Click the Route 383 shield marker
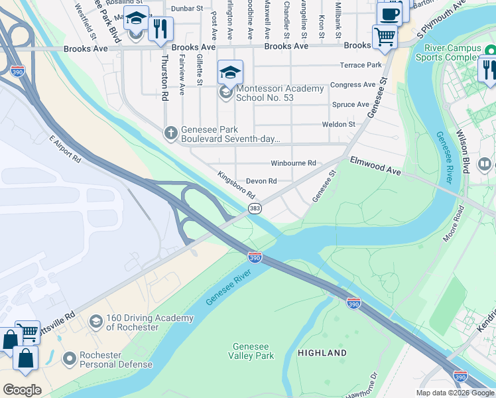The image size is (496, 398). tap(255, 209)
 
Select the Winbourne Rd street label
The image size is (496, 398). tap(293, 163)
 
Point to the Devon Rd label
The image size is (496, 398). tap(261, 181)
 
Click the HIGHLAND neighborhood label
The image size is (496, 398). tap(322, 353)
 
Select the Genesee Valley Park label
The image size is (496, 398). tap(253, 351)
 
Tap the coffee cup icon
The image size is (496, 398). tap(390, 14)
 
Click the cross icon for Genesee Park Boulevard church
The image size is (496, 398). tap(170, 134)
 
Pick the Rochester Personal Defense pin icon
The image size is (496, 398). tap(69, 359)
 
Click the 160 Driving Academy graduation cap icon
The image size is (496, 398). tap(96, 322)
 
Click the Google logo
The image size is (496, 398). tap(22, 390)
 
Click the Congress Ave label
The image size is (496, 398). tap(353, 85)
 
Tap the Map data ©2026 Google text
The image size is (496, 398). tap(455, 393)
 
